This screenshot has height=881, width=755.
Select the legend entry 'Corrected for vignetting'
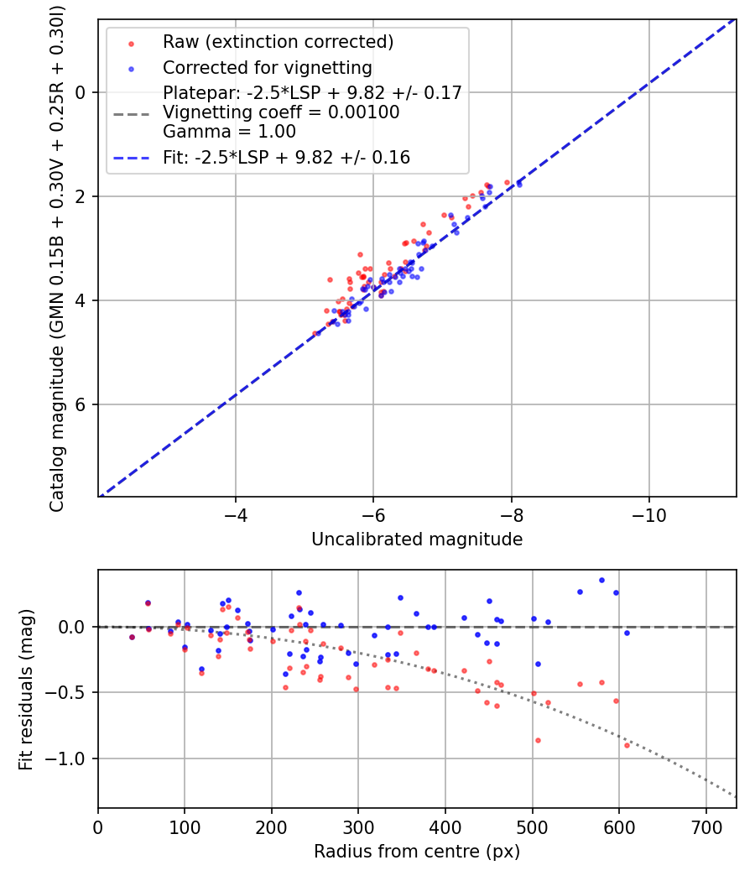pos(267,67)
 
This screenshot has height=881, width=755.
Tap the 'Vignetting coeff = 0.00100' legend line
pos(281,112)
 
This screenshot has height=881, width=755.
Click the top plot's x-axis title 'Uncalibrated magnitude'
pos(417,540)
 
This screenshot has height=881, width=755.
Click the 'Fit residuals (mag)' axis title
pos(25,689)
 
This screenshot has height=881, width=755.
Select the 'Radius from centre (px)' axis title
pos(417,852)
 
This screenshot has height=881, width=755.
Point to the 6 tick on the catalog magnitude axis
pos(81,404)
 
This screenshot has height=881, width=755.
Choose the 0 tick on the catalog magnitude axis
pos(81,92)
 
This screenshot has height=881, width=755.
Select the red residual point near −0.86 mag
pos(538,740)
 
